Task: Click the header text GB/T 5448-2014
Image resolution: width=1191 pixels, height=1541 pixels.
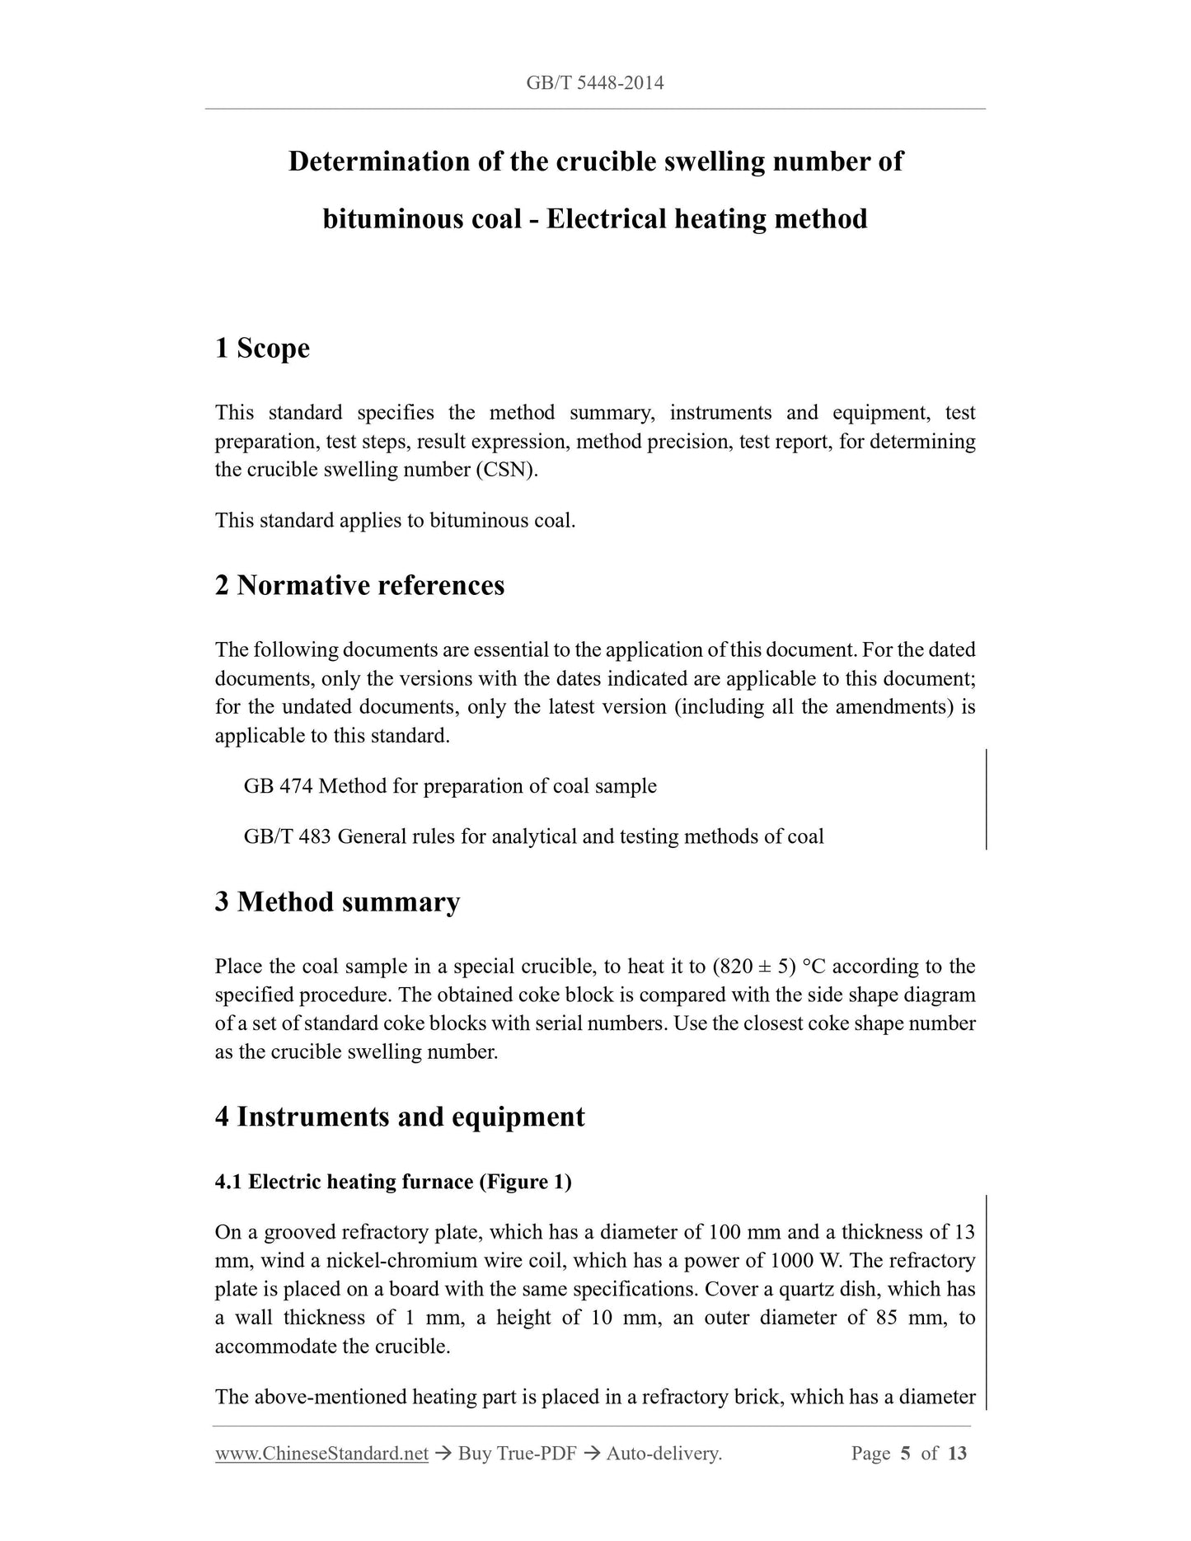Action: pos(594,82)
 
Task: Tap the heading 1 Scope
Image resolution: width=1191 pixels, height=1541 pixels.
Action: pos(262,349)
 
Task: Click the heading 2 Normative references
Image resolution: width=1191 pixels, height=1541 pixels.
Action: pos(359,586)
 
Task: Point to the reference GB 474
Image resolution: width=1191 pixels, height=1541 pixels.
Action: pos(278,786)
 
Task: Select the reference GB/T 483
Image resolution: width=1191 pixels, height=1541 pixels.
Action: pos(287,837)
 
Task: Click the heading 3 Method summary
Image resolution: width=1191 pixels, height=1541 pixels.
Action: pos(337,902)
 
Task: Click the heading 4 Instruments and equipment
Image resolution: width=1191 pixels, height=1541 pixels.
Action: pos(400,1117)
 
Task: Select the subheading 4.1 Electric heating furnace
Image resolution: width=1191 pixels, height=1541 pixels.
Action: pos(393,1183)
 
